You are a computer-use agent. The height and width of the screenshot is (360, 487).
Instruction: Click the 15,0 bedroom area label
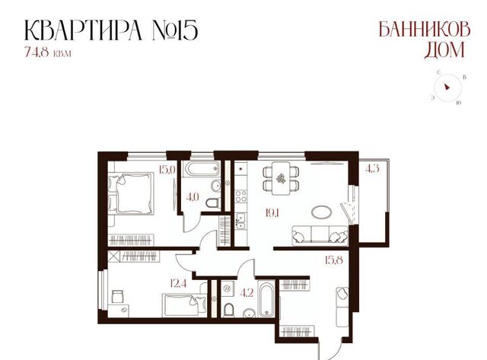(167, 170)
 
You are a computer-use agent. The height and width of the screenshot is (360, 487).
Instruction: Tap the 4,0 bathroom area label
(193, 197)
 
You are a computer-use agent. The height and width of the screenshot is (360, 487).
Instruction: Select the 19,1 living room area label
(272, 213)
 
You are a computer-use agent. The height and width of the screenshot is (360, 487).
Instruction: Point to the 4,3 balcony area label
(372, 169)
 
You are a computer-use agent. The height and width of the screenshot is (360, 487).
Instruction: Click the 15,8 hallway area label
(334, 260)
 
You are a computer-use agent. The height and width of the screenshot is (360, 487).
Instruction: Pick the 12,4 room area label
(178, 283)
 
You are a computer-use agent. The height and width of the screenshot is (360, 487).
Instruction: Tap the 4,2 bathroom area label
(247, 293)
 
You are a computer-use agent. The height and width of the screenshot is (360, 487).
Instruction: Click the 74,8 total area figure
(37, 52)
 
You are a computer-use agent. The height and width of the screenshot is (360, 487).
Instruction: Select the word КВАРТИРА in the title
(83, 30)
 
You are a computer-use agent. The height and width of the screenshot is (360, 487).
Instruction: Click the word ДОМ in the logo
(444, 50)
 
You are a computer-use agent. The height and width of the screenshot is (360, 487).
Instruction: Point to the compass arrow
(447, 87)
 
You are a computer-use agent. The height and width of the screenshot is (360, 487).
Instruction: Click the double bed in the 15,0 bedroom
(131, 193)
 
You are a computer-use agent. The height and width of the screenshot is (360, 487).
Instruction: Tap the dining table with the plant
(281, 178)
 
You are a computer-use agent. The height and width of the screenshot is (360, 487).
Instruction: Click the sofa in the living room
(320, 235)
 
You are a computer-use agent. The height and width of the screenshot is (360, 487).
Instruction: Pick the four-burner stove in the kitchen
(241, 196)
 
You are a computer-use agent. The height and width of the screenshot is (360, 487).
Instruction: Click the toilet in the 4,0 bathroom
(213, 203)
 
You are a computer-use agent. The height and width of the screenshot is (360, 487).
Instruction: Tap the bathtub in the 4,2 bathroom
(266, 299)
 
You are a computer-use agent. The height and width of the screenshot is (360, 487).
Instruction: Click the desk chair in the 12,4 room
(117, 296)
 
